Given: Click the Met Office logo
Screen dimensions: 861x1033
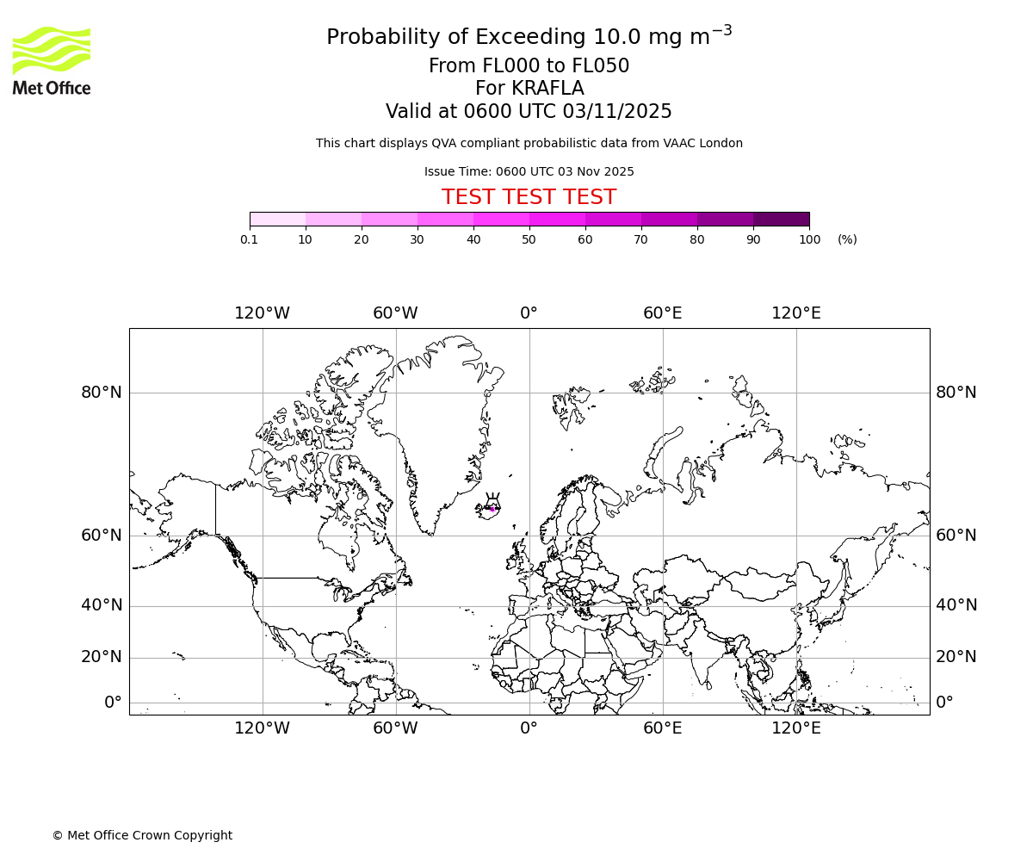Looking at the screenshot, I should pos(52,60).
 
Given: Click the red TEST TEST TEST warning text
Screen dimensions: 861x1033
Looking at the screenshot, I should pos(529,197).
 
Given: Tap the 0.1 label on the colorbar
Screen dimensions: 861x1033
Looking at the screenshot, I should pos(250,239).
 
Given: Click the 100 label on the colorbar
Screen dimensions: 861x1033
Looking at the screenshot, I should pos(809,239).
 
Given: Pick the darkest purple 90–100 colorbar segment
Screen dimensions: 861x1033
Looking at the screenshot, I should pos(781,219).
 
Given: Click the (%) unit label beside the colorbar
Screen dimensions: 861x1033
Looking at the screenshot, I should pos(847,239).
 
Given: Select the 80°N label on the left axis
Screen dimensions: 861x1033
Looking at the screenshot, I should pos(102,393).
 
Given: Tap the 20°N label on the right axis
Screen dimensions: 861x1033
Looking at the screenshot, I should pos(956,657).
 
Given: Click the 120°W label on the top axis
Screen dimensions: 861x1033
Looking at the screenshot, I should pos(262,313).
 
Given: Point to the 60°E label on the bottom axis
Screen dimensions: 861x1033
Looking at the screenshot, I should pos(662,728).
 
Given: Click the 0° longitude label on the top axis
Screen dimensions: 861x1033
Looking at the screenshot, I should pos(529,313).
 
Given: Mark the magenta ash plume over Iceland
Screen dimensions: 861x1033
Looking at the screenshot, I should pos(492,508).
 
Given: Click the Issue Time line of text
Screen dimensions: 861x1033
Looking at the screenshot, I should pos(529,171).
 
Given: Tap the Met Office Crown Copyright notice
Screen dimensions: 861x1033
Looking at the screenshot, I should pos(142,835).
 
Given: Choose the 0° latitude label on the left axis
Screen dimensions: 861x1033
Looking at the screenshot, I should pos(113,703).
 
